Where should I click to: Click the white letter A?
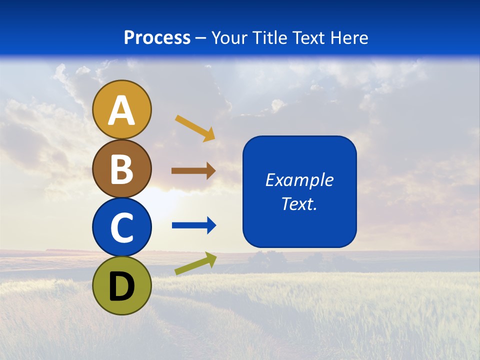pyautogui.click(x=121, y=110)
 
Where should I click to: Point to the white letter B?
pyautogui.click(x=121, y=169)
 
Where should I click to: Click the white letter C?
pyautogui.click(x=121, y=228)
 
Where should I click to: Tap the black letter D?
pyautogui.click(x=121, y=287)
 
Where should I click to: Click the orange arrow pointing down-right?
pyautogui.click(x=195, y=128)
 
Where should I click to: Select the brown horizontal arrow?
pyautogui.click(x=193, y=171)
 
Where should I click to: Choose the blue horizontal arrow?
pyautogui.click(x=194, y=225)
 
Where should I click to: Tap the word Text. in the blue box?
pyautogui.click(x=299, y=203)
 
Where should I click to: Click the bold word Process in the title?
pyautogui.click(x=157, y=37)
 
